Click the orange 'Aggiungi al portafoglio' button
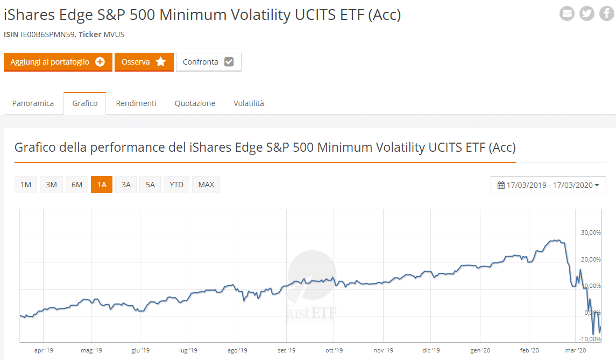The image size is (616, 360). pos(58,62)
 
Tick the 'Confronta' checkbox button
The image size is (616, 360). pos(208,62)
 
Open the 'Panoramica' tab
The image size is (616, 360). pos(33,103)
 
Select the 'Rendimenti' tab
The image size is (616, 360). pos(136,103)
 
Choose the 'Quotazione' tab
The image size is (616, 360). pos(195,103)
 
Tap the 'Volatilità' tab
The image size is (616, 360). pos(249,103)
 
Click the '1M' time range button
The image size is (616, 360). pos(25,185)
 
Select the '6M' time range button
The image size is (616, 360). pos(77,185)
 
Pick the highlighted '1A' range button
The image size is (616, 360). pos(102,185)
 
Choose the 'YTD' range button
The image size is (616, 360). pos(176,185)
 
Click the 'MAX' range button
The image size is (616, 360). pos(206,185)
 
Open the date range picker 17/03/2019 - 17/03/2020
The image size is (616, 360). pos(548,185)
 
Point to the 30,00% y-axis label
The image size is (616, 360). pos(591,232)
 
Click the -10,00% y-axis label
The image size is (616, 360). pos(590,339)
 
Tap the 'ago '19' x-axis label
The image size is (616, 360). pos(237,351)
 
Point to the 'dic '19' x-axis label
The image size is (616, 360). pos(431,351)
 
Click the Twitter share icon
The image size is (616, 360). pos(587,13)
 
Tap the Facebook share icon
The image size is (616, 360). pos(607,13)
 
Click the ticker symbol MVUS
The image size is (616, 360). pos(114,34)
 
